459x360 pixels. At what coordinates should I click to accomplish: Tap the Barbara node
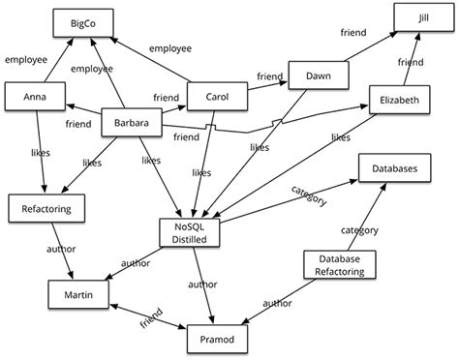130,124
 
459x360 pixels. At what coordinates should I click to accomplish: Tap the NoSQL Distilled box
194,232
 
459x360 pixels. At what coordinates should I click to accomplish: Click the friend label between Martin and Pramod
150,318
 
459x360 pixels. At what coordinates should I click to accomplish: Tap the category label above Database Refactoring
359,230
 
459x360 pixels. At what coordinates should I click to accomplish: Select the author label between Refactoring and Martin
61,249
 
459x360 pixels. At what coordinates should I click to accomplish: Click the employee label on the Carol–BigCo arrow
169,46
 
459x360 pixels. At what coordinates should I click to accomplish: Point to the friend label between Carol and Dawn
268,75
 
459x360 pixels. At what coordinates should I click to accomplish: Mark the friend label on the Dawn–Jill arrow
352,33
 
